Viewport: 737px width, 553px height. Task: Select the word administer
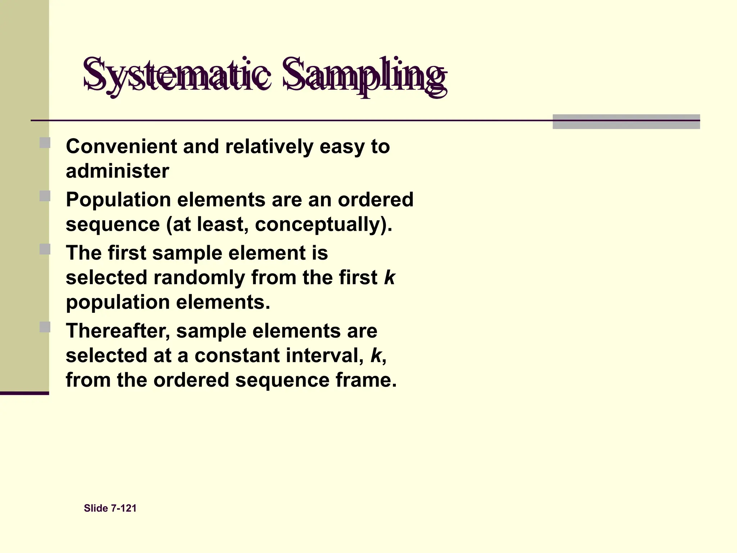tap(117, 171)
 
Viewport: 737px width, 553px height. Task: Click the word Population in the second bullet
tap(118, 200)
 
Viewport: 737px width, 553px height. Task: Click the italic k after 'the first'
tap(389, 277)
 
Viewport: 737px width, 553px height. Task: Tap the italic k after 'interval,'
tap(376, 355)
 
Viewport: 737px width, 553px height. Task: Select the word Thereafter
tap(118, 331)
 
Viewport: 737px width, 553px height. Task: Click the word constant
tap(237, 355)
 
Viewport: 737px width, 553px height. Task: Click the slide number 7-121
tap(124, 508)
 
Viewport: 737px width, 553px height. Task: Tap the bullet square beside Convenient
tap(45, 143)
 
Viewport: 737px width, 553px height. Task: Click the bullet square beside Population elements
tap(45, 196)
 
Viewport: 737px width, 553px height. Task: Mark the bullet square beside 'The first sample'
tap(45, 249)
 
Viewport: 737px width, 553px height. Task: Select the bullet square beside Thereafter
tap(45, 327)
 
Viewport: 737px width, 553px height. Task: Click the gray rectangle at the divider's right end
tap(626, 122)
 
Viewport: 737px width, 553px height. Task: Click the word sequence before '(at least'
tap(113, 225)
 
